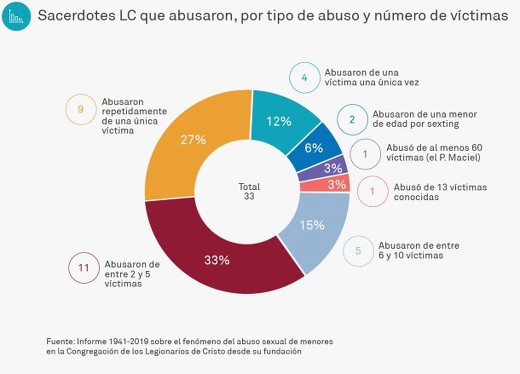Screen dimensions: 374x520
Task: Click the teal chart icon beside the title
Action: (16, 16)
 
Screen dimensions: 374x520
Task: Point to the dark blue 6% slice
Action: (314, 148)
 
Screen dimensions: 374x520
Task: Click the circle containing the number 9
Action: (81, 109)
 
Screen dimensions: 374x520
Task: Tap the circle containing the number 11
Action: (84, 268)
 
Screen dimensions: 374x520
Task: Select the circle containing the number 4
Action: (305, 78)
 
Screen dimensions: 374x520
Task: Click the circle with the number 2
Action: (352, 120)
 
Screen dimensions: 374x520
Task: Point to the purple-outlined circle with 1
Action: (365, 154)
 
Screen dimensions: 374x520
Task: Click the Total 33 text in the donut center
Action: (249, 191)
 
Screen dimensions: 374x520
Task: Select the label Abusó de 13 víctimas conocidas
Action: (440, 192)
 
